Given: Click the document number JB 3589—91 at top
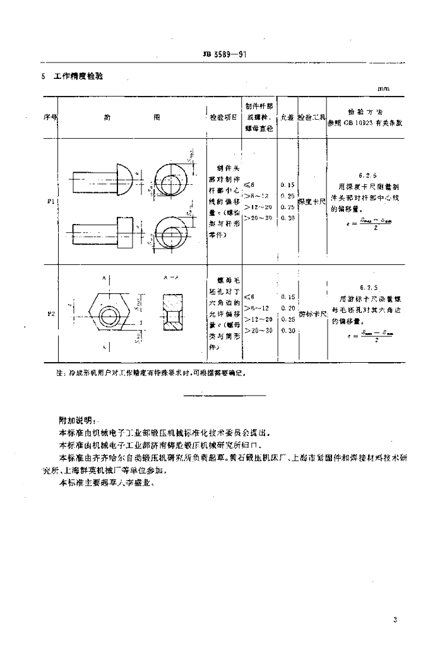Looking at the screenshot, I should pyautogui.click(x=220, y=54).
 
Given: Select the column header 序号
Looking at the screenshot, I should pyautogui.click(x=50, y=117).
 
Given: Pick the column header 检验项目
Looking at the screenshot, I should pyautogui.click(x=223, y=117).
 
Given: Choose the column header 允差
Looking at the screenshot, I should pyautogui.click(x=288, y=117).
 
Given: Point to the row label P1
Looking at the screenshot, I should pyautogui.click(x=50, y=203).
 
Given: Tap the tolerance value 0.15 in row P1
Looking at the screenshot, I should pyautogui.click(x=288, y=185).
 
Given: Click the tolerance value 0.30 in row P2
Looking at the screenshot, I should pyautogui.click(x=288, y=331).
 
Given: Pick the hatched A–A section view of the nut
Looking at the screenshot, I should pyautogui.click(x=172, y=310).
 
